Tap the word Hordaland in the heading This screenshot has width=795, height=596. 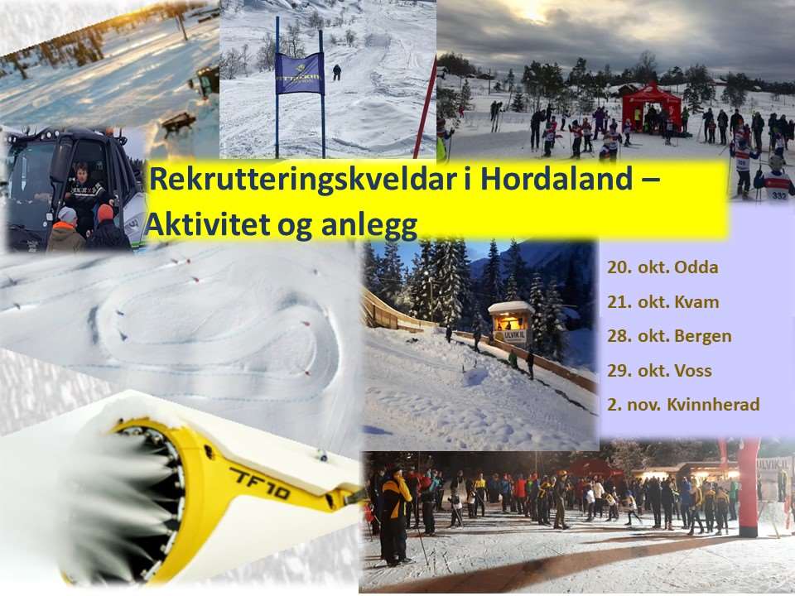(556, 179)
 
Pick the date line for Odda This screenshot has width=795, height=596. (662, 267)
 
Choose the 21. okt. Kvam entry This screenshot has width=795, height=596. (663, 302)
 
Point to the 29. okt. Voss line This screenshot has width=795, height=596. (659, 371)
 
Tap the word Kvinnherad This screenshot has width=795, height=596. (713, 405)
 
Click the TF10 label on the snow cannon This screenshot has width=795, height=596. (259, 483)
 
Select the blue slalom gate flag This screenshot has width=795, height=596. (299, 74)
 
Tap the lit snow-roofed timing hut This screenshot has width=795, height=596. (511, 321)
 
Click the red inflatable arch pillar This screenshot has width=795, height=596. (748, 487)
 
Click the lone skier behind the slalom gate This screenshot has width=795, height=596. (337, 73)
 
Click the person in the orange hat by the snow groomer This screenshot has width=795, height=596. (107, 227)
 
